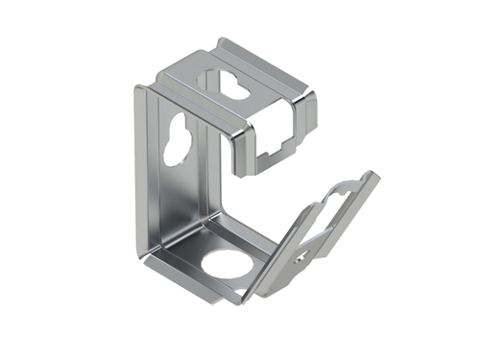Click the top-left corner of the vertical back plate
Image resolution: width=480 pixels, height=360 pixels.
(137, 88)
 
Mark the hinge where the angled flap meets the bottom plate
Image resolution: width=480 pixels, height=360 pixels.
(264, 283)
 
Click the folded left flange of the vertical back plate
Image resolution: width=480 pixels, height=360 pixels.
(141, 173)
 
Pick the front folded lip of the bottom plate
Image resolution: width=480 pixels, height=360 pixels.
(202, 289)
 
